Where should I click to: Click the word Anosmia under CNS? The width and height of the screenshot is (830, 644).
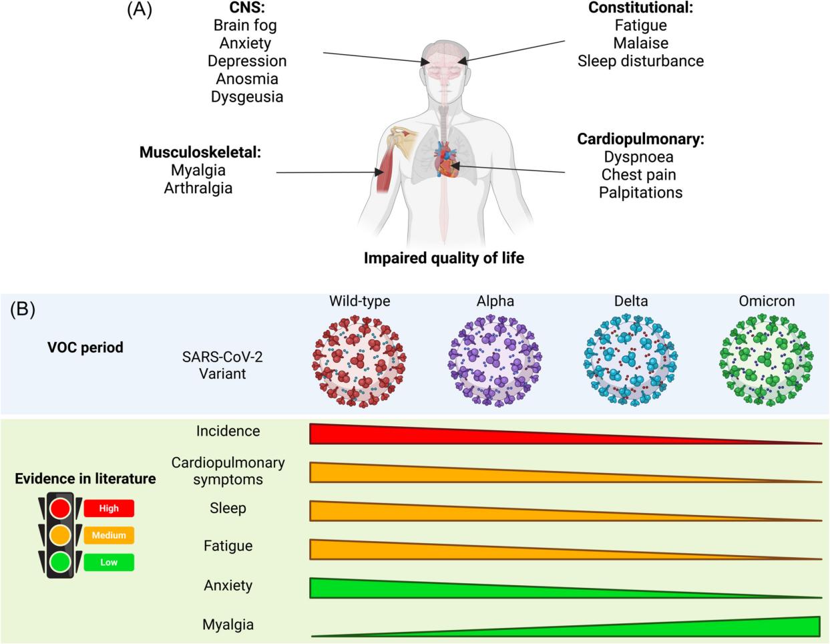(x=247, y=79)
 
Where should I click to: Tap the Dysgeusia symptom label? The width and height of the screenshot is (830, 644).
(x=247, y=97)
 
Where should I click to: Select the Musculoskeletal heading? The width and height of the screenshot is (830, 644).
(x=200, y=152)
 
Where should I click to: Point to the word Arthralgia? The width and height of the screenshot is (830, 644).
(x=198, y=188)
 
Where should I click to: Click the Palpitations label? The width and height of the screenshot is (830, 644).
(x=640, y=192)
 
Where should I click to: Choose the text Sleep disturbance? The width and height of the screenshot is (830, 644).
(x=640, y=61)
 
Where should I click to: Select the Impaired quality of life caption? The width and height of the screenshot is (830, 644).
(x=444, y=259)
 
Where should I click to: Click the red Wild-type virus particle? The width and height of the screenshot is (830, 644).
(x=359, y=361)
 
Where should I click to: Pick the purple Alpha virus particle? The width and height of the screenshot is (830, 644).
(x=495, y=361)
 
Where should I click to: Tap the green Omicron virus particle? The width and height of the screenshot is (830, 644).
(x=766, y=360)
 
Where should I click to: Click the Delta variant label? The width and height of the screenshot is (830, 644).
(x=631, y=301)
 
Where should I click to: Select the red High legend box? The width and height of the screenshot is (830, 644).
(x=109, y=508)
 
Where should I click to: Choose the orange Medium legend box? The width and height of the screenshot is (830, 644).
(x=109, y=535)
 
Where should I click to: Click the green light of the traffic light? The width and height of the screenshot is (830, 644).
(x=60, y=562)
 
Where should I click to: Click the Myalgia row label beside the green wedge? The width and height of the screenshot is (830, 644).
(x=228, y=625)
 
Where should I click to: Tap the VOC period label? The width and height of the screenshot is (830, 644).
(x=85, y=347)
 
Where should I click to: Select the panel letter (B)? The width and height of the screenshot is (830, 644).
(x=23, y=309)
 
